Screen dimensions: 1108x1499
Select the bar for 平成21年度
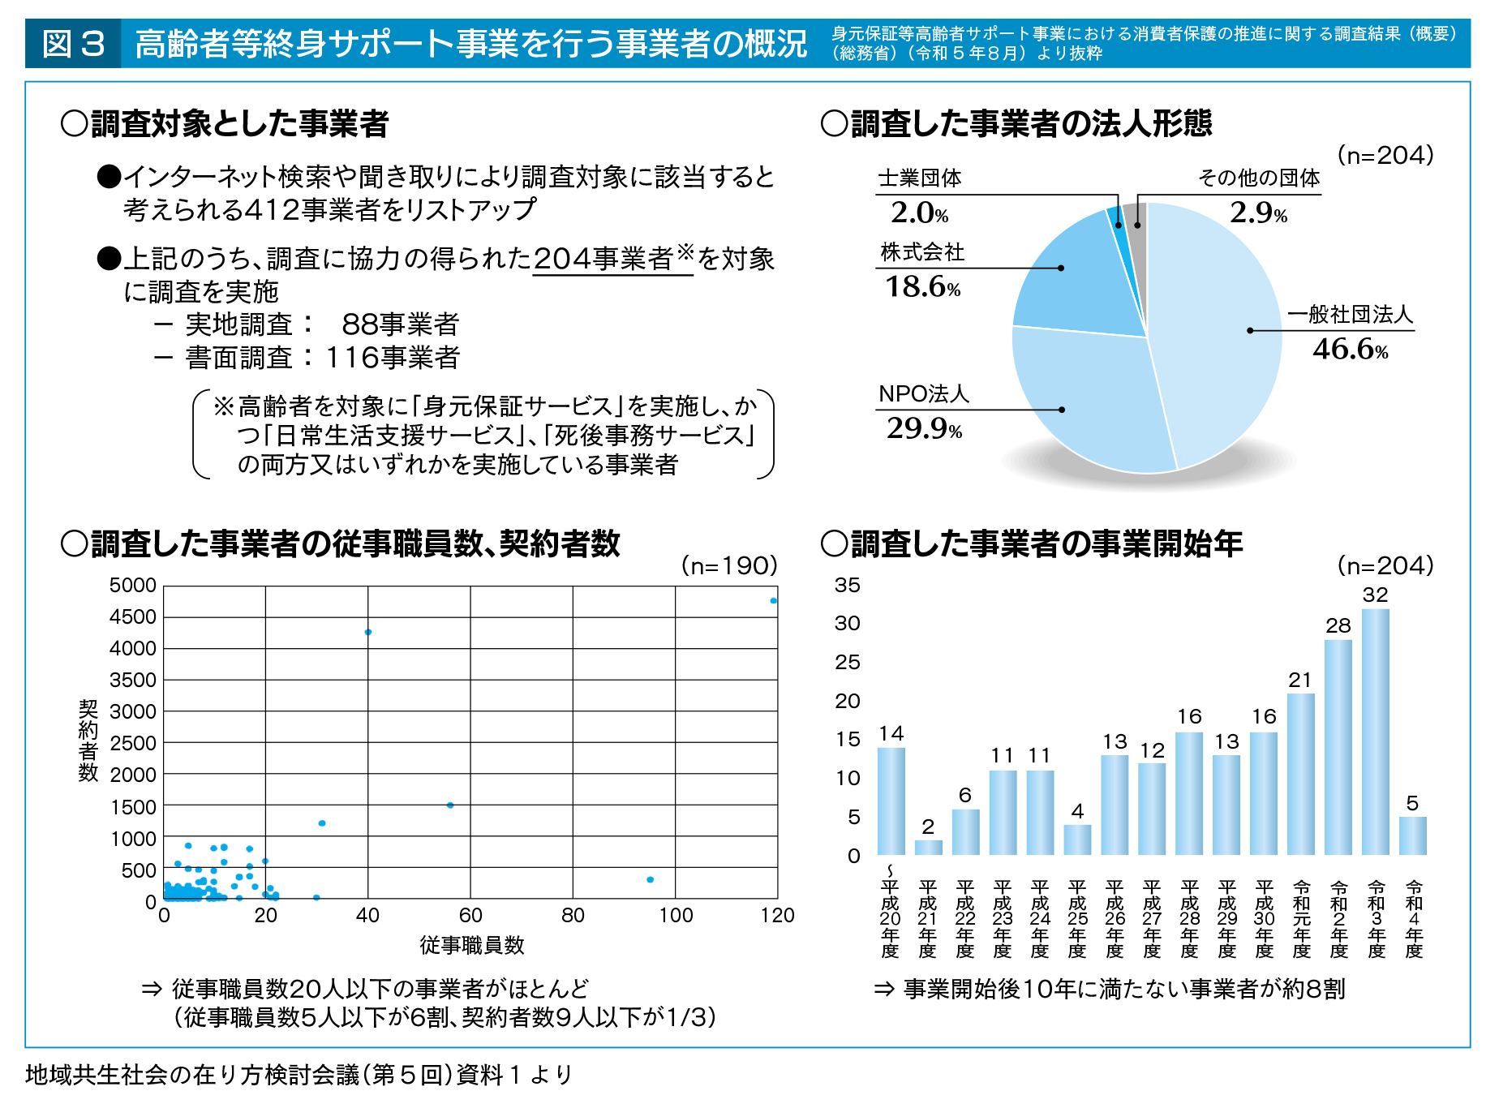[928, 847]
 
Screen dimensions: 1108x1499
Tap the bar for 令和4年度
[1412, 835]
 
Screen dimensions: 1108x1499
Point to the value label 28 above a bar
[1338, 625]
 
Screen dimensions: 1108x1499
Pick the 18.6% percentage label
[922, 287]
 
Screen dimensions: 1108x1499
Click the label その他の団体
[1259, 178]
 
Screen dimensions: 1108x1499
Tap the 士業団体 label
[920, 178]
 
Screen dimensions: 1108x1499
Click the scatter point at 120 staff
[773, 600]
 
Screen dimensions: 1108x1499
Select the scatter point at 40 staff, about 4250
[368, 632]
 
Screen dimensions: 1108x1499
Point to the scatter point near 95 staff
[650, 879]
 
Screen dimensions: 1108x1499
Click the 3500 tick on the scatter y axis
[133, 680]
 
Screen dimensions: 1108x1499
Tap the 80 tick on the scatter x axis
[573, 916]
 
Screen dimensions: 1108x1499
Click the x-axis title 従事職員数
[471, 945]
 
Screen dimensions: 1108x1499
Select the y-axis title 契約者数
[88, 741]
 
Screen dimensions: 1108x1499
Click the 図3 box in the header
[73, 44]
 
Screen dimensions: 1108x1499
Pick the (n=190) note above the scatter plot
[728, 565]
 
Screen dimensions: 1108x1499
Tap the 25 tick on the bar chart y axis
[848, 662]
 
